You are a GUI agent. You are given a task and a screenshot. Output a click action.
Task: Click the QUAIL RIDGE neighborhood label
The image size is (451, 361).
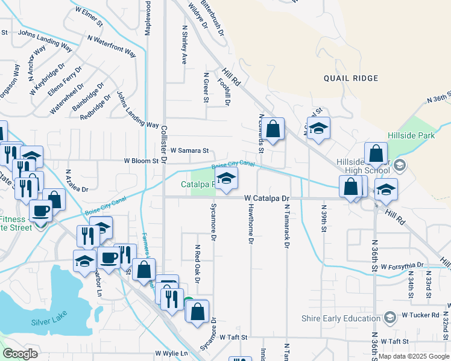tap(351, 78)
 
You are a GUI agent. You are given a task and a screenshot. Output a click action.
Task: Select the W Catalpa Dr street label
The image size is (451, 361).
tap(268, 198)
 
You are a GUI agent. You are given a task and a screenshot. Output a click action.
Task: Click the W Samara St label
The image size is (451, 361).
tap(189, 150)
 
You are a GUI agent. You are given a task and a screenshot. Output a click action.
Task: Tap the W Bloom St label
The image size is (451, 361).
tap(140, 161)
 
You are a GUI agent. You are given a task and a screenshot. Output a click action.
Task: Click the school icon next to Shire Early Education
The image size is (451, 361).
tap(389, 317)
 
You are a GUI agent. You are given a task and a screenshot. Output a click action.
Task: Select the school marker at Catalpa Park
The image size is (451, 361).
tap(227, 179)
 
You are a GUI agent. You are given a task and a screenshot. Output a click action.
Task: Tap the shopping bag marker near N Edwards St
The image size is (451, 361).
tap(273, 129)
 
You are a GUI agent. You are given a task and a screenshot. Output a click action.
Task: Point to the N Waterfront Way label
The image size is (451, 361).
tap(112, 45)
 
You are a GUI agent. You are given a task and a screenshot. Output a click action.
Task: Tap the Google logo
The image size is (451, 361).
tap(20, 354)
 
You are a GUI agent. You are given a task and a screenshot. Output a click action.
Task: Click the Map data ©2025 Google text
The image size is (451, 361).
tap(414, 356)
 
